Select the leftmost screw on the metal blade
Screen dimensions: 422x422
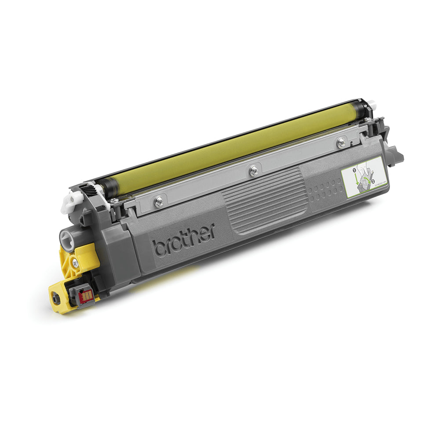[159, 201]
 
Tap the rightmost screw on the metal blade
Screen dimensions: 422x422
[341, 142]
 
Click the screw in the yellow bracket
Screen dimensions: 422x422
[76, 263]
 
